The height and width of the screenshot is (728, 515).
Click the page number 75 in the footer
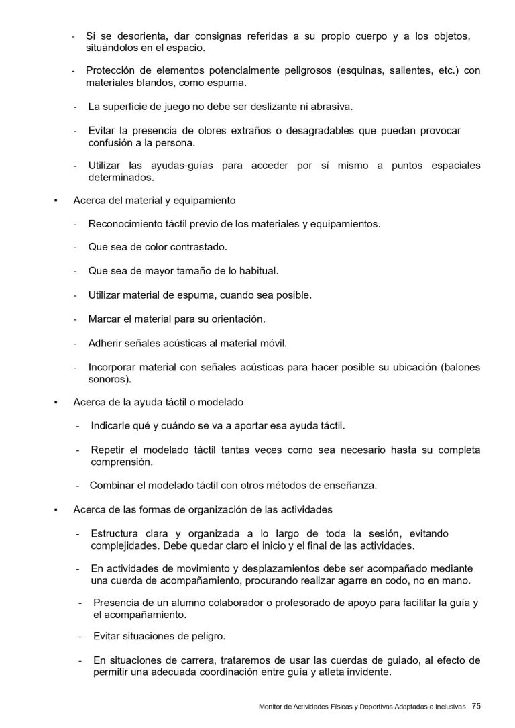click(476, 706)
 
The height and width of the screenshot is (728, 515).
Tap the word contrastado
click(198, 248)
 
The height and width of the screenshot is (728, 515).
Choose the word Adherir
click(106, 342)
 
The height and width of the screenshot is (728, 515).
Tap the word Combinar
click(114, 485)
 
